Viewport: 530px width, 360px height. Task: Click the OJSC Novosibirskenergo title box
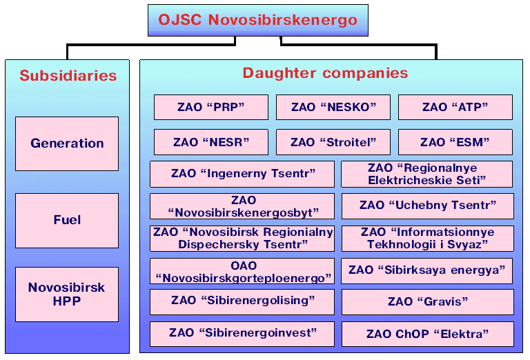258,20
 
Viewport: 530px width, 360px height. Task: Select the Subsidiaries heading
68,76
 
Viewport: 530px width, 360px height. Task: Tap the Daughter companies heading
325,73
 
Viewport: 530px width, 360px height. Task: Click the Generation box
67,143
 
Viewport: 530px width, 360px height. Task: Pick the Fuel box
67,221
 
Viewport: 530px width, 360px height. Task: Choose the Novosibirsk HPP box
67,294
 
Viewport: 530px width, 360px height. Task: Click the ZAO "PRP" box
211,108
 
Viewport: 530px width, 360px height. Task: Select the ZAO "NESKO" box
333,108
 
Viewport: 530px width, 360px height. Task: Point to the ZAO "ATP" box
455,108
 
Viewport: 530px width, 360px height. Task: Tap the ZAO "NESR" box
211,142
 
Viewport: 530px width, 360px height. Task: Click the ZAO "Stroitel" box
333,142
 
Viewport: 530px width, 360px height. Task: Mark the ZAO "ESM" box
455,142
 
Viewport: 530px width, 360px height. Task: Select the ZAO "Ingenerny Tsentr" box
242,174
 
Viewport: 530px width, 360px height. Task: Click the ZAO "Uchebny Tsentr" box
428,206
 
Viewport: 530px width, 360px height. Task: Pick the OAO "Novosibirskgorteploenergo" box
242,271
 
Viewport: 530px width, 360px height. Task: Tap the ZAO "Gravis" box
428,302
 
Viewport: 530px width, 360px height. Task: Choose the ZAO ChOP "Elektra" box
428,334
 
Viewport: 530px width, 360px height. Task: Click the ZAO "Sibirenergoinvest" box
242,334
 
